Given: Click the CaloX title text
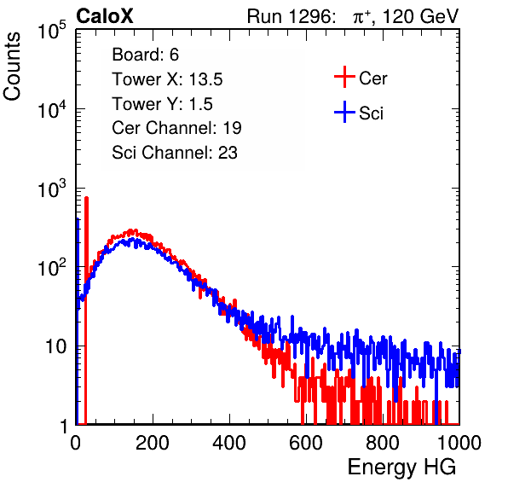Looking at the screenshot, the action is tap(105, 15).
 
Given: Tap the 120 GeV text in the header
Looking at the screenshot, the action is tap(420, 16).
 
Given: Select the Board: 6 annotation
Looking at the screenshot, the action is tap(145, 55).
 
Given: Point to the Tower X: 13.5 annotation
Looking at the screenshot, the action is tap(167, 79).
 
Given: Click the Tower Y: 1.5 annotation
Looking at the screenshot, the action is tap(162, 104).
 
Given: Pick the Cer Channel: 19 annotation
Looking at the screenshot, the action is tap(176, 128).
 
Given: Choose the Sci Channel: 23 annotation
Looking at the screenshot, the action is tap(175, 152).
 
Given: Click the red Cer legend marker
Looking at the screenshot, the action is tap(344, 77).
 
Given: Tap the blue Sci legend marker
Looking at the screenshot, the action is tap(344, 113).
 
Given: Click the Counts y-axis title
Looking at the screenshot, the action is tap(12, 66).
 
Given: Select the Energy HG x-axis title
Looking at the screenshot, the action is tap(401, 468).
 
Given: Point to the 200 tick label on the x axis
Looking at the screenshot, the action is tap(153, 443).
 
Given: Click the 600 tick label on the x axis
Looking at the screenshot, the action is tap(306, 443).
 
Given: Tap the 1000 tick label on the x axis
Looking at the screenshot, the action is tap(459, 443).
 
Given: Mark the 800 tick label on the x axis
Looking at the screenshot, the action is tap(383, 443).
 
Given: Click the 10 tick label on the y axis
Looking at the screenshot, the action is tap(56, 346).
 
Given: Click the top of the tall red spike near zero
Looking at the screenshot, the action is tap(86, 197).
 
